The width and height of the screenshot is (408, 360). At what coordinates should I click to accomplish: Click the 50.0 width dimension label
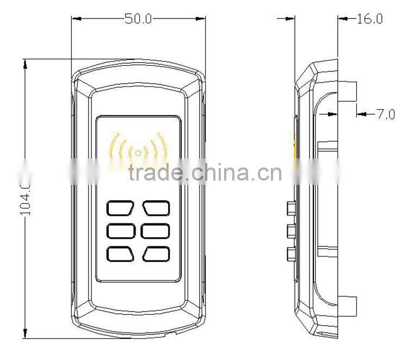138,18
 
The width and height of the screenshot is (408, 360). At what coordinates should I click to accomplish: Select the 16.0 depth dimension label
370,18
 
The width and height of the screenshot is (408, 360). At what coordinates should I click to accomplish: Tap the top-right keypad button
157,207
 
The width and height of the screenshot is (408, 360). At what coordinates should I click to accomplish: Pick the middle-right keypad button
157,231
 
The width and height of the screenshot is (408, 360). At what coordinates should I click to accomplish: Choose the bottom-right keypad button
157,253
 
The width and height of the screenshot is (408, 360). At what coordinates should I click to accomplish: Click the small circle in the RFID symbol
138,153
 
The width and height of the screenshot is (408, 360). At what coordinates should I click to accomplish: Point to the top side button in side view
290,207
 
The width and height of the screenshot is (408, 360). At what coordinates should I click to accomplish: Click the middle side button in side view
290,230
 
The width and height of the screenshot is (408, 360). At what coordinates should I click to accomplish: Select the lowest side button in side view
290,253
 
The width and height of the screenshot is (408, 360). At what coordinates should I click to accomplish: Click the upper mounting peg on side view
348,91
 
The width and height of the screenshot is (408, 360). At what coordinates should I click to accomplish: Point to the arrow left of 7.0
361,114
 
